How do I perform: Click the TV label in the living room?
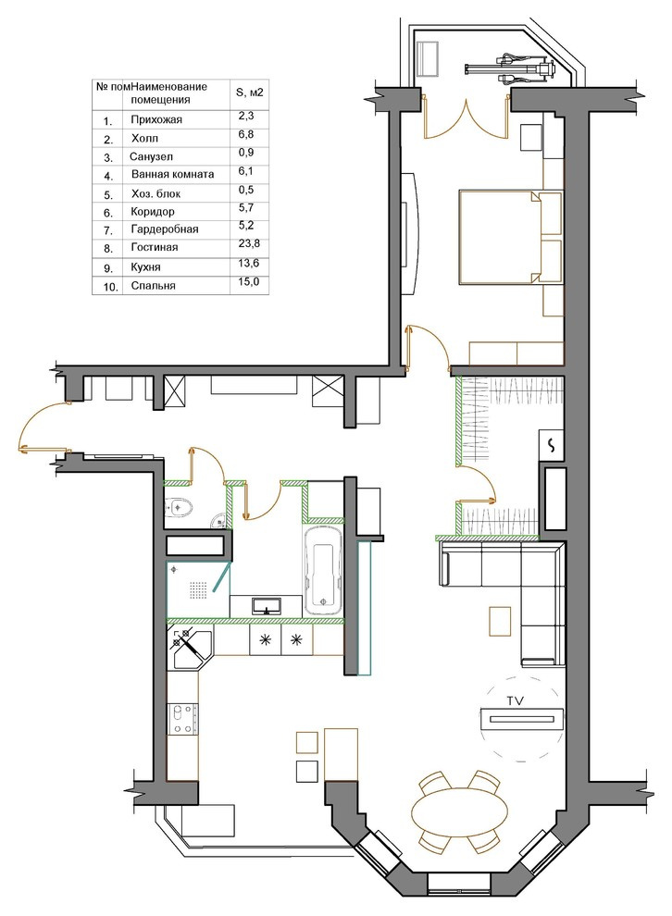point(515,699)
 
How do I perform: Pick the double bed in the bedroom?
point(511,237)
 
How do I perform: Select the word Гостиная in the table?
point(155,248)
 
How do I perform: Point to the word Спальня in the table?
point(153,286)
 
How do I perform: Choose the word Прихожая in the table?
point(156,119)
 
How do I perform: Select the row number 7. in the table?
point(108,230)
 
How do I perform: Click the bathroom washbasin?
point(268,606)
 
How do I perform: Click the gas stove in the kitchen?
point(183,719)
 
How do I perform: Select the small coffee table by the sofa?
point(500,622)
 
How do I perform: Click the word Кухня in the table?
point(145,267)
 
